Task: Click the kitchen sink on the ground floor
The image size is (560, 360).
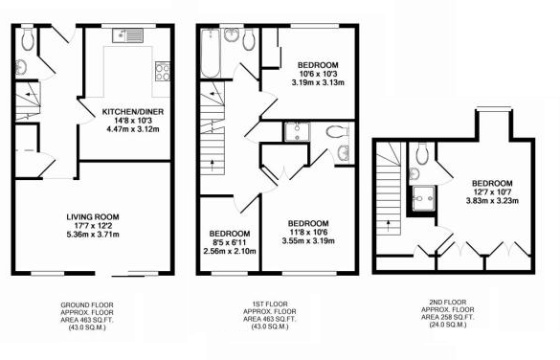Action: click(125, 35)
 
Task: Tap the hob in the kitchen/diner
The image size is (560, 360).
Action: click(163, 72)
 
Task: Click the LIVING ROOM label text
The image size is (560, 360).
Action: click(91, 217)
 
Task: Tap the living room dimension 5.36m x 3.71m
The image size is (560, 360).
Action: click(91, 234)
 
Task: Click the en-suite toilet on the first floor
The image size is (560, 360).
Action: click(336, 131)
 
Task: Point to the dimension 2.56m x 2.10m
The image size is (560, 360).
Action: click(230, 251)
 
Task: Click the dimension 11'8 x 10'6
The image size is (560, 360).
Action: click(308, 231)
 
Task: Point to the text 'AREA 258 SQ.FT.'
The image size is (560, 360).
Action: click(448, 317)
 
